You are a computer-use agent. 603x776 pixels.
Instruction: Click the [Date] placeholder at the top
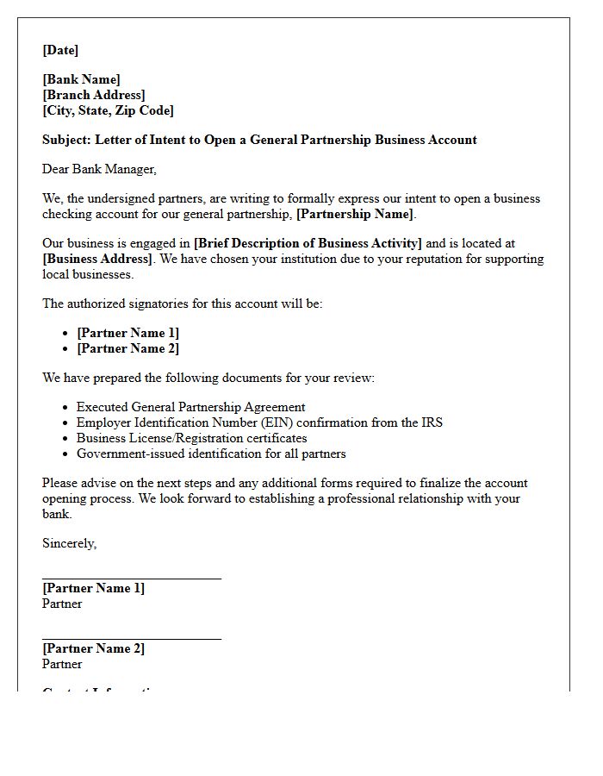click(60, 50)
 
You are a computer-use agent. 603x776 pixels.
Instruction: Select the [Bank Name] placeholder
click(81, 80)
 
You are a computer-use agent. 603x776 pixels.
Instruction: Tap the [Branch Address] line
click(93, 95)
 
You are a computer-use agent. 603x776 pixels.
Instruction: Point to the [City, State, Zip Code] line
click(108, 110)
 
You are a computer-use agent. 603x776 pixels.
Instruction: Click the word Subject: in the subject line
click(66, 140)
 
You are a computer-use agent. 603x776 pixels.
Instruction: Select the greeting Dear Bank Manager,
click(99, 169)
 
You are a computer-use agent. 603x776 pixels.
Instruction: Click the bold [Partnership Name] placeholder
click(355, 214)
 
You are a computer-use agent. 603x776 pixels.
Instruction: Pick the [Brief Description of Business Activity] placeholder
click(308, 244)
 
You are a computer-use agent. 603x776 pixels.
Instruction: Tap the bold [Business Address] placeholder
click(97, 259)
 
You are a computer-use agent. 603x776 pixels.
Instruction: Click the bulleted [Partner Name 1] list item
click(127, 333)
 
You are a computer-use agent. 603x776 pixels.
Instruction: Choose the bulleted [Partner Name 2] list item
click(127, 348)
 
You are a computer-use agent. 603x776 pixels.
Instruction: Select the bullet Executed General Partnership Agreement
click(190, 407)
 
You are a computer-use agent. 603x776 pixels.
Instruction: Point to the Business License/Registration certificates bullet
click(191, 438)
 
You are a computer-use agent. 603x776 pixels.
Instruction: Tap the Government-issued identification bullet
click(211, 454)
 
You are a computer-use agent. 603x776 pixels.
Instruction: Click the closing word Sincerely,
click(69, 543)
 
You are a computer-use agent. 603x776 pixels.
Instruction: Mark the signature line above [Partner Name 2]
click(131, 640)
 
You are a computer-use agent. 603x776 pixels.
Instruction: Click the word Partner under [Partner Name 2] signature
click(62, 664)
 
